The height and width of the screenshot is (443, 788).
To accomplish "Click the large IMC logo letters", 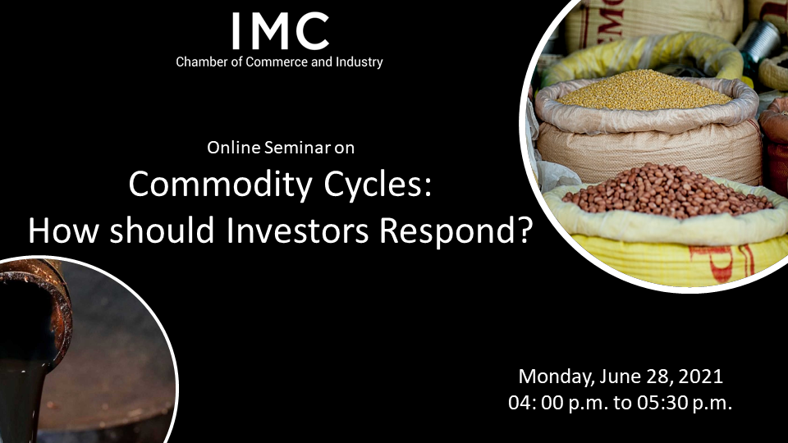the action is [281, 31].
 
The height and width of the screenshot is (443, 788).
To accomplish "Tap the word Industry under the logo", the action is [360, 62].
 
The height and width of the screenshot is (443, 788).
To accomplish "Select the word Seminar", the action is [297, 148].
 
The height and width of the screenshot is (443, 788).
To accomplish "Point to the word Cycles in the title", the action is [378, 185].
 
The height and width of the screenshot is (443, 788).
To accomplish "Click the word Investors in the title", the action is [297, 231].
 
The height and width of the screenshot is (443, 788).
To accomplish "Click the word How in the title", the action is [62, 231].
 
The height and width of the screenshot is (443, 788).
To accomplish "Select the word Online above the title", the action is [234, 148].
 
